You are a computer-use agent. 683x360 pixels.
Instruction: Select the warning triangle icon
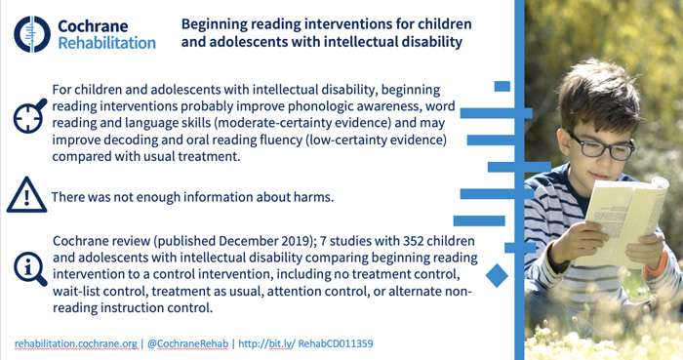point(26,195)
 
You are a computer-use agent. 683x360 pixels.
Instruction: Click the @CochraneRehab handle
point(185,343)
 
